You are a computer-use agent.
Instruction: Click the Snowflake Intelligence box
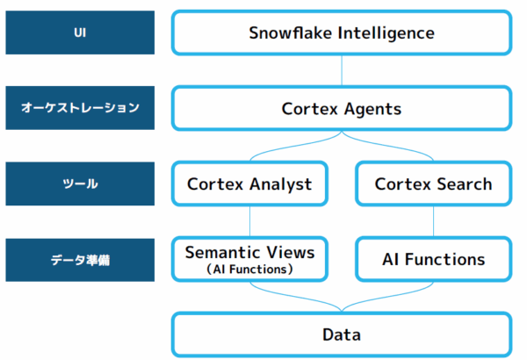click(341, 33)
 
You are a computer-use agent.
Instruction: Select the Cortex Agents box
click(341, 109)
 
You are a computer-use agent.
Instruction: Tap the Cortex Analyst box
click(250, 184)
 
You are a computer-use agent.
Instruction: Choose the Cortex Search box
click(433, 184)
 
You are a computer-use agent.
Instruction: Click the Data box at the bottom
click(341, 335)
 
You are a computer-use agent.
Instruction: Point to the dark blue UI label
click(80, 33)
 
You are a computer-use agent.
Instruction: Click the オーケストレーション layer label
click(80, 109)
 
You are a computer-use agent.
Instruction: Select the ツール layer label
click(80, 184)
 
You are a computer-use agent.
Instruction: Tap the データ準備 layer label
click(80, 260)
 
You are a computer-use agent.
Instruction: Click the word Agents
click(372, 109)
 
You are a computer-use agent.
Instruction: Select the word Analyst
click(282, 184)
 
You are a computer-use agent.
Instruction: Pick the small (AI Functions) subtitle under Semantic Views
click(249, 270)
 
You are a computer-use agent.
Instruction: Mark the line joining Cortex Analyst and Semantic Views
click(250, 221)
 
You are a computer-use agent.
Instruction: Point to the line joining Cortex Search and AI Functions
click(433, 221)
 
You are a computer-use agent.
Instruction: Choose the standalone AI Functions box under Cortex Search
click(433, 259)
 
